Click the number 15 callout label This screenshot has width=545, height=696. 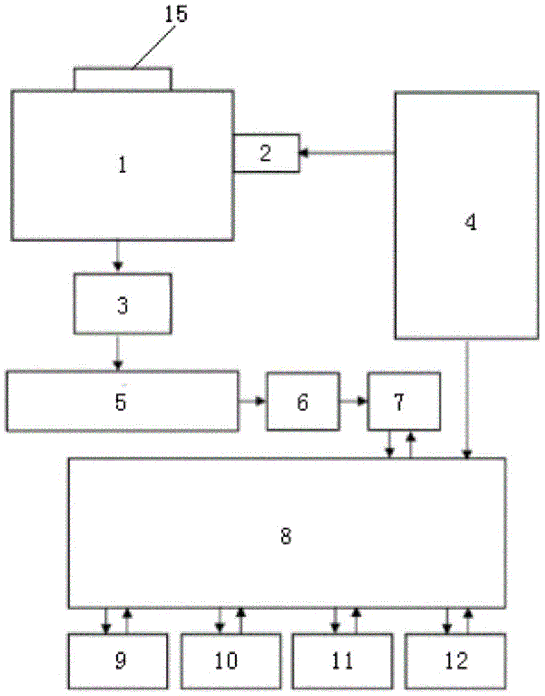coord(176,15)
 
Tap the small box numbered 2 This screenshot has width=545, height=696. coord(266,152)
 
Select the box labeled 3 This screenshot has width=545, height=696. coord(123,304)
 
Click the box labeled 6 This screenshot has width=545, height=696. coord(303,402)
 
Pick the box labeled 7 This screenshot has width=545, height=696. coord(404,402)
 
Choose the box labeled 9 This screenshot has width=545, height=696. coord(118,659)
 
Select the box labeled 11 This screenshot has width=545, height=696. coord(342,659)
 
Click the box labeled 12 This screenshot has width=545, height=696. coord(456,659)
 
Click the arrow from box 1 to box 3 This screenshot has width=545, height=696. coord(118,257)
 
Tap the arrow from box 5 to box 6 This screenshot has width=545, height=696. coord(252,402)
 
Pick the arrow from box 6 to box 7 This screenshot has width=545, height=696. coord(354,402)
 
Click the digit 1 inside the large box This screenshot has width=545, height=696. coord(123,166)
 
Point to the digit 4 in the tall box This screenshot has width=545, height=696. coord(471,223)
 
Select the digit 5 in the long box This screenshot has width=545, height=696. coord(121,402)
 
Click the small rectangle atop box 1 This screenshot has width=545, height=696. coord(122,79)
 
